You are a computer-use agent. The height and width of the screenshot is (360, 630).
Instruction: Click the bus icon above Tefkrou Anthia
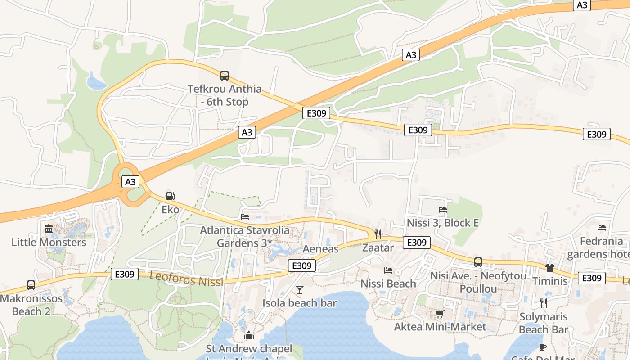[x=224, y=75]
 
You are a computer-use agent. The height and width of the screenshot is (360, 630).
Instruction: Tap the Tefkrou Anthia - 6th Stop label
[x=225, y=95]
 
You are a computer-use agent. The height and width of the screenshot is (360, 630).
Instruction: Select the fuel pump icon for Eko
[x=170, y=196]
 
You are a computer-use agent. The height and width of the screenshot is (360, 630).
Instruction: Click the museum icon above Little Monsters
[x=49, y=229]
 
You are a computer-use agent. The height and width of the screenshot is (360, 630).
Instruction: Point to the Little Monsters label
[x=49, y=243]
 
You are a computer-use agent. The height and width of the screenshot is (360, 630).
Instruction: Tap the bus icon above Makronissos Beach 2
[x=31, y=285]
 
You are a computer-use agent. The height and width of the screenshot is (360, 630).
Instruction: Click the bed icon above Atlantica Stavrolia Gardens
[x=245, y=216]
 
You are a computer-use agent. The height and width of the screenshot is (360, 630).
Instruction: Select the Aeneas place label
[x=320, y=249]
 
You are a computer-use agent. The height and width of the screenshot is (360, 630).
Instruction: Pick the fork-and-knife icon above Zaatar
[x=378, y=234]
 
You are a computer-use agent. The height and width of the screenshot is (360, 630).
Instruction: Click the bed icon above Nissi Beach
[x=388, y=270]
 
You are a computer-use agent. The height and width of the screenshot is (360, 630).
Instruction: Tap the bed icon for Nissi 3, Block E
[x=443, y=209]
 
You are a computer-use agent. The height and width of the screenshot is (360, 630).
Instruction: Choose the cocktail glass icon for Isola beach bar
[x=300, y=289]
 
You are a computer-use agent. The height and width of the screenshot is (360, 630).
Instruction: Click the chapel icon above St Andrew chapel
[x=248, y=335]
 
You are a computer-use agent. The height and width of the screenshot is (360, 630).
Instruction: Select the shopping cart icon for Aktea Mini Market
[x=440, y=314]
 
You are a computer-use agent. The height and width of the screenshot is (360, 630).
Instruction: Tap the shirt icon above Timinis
[x=549, y=268]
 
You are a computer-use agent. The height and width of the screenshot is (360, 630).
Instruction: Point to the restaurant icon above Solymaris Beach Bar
[x=543, y=303]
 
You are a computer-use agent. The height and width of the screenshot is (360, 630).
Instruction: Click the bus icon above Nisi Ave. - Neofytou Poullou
[x=478, y=262]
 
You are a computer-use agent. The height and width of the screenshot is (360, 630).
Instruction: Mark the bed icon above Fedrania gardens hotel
[x=601, y=227]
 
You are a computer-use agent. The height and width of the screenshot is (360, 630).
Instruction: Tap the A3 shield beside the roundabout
[x=130, y=182]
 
